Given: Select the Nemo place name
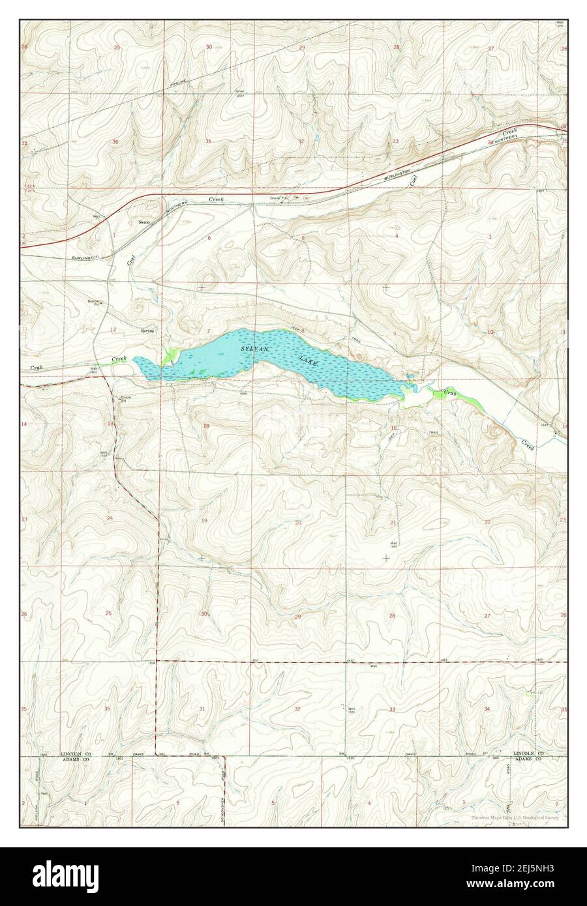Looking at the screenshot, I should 144,222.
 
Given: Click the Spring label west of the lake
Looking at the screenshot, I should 147,331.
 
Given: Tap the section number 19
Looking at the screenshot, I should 204,520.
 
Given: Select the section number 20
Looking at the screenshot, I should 297,523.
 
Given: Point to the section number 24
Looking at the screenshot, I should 110,518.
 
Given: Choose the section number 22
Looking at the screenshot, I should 487,522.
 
